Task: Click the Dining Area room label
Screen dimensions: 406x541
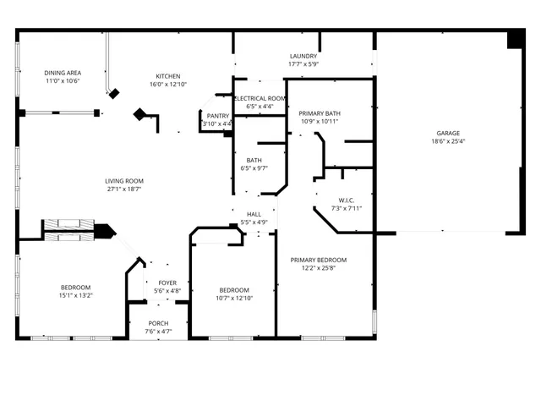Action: (62, 74)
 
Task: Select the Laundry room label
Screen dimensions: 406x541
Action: (303, 56)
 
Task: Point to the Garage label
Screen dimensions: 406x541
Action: (448, 134)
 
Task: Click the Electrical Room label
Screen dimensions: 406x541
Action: (260, 99)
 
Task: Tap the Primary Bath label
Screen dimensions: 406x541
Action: (320, 113)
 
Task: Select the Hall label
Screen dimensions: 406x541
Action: (254, 215)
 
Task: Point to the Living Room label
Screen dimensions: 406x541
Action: (124, 181)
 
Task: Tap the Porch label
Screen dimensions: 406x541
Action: (158, 323)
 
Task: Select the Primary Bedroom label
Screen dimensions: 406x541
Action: (319, 260)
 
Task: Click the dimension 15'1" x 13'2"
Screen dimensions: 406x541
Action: (75, 295)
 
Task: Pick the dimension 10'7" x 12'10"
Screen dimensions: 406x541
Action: (234, 297)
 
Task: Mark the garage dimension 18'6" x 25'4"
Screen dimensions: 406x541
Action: (448, 142)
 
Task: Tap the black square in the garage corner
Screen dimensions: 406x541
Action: (515, 40)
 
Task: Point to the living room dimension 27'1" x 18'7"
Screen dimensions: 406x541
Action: (124, 189)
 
